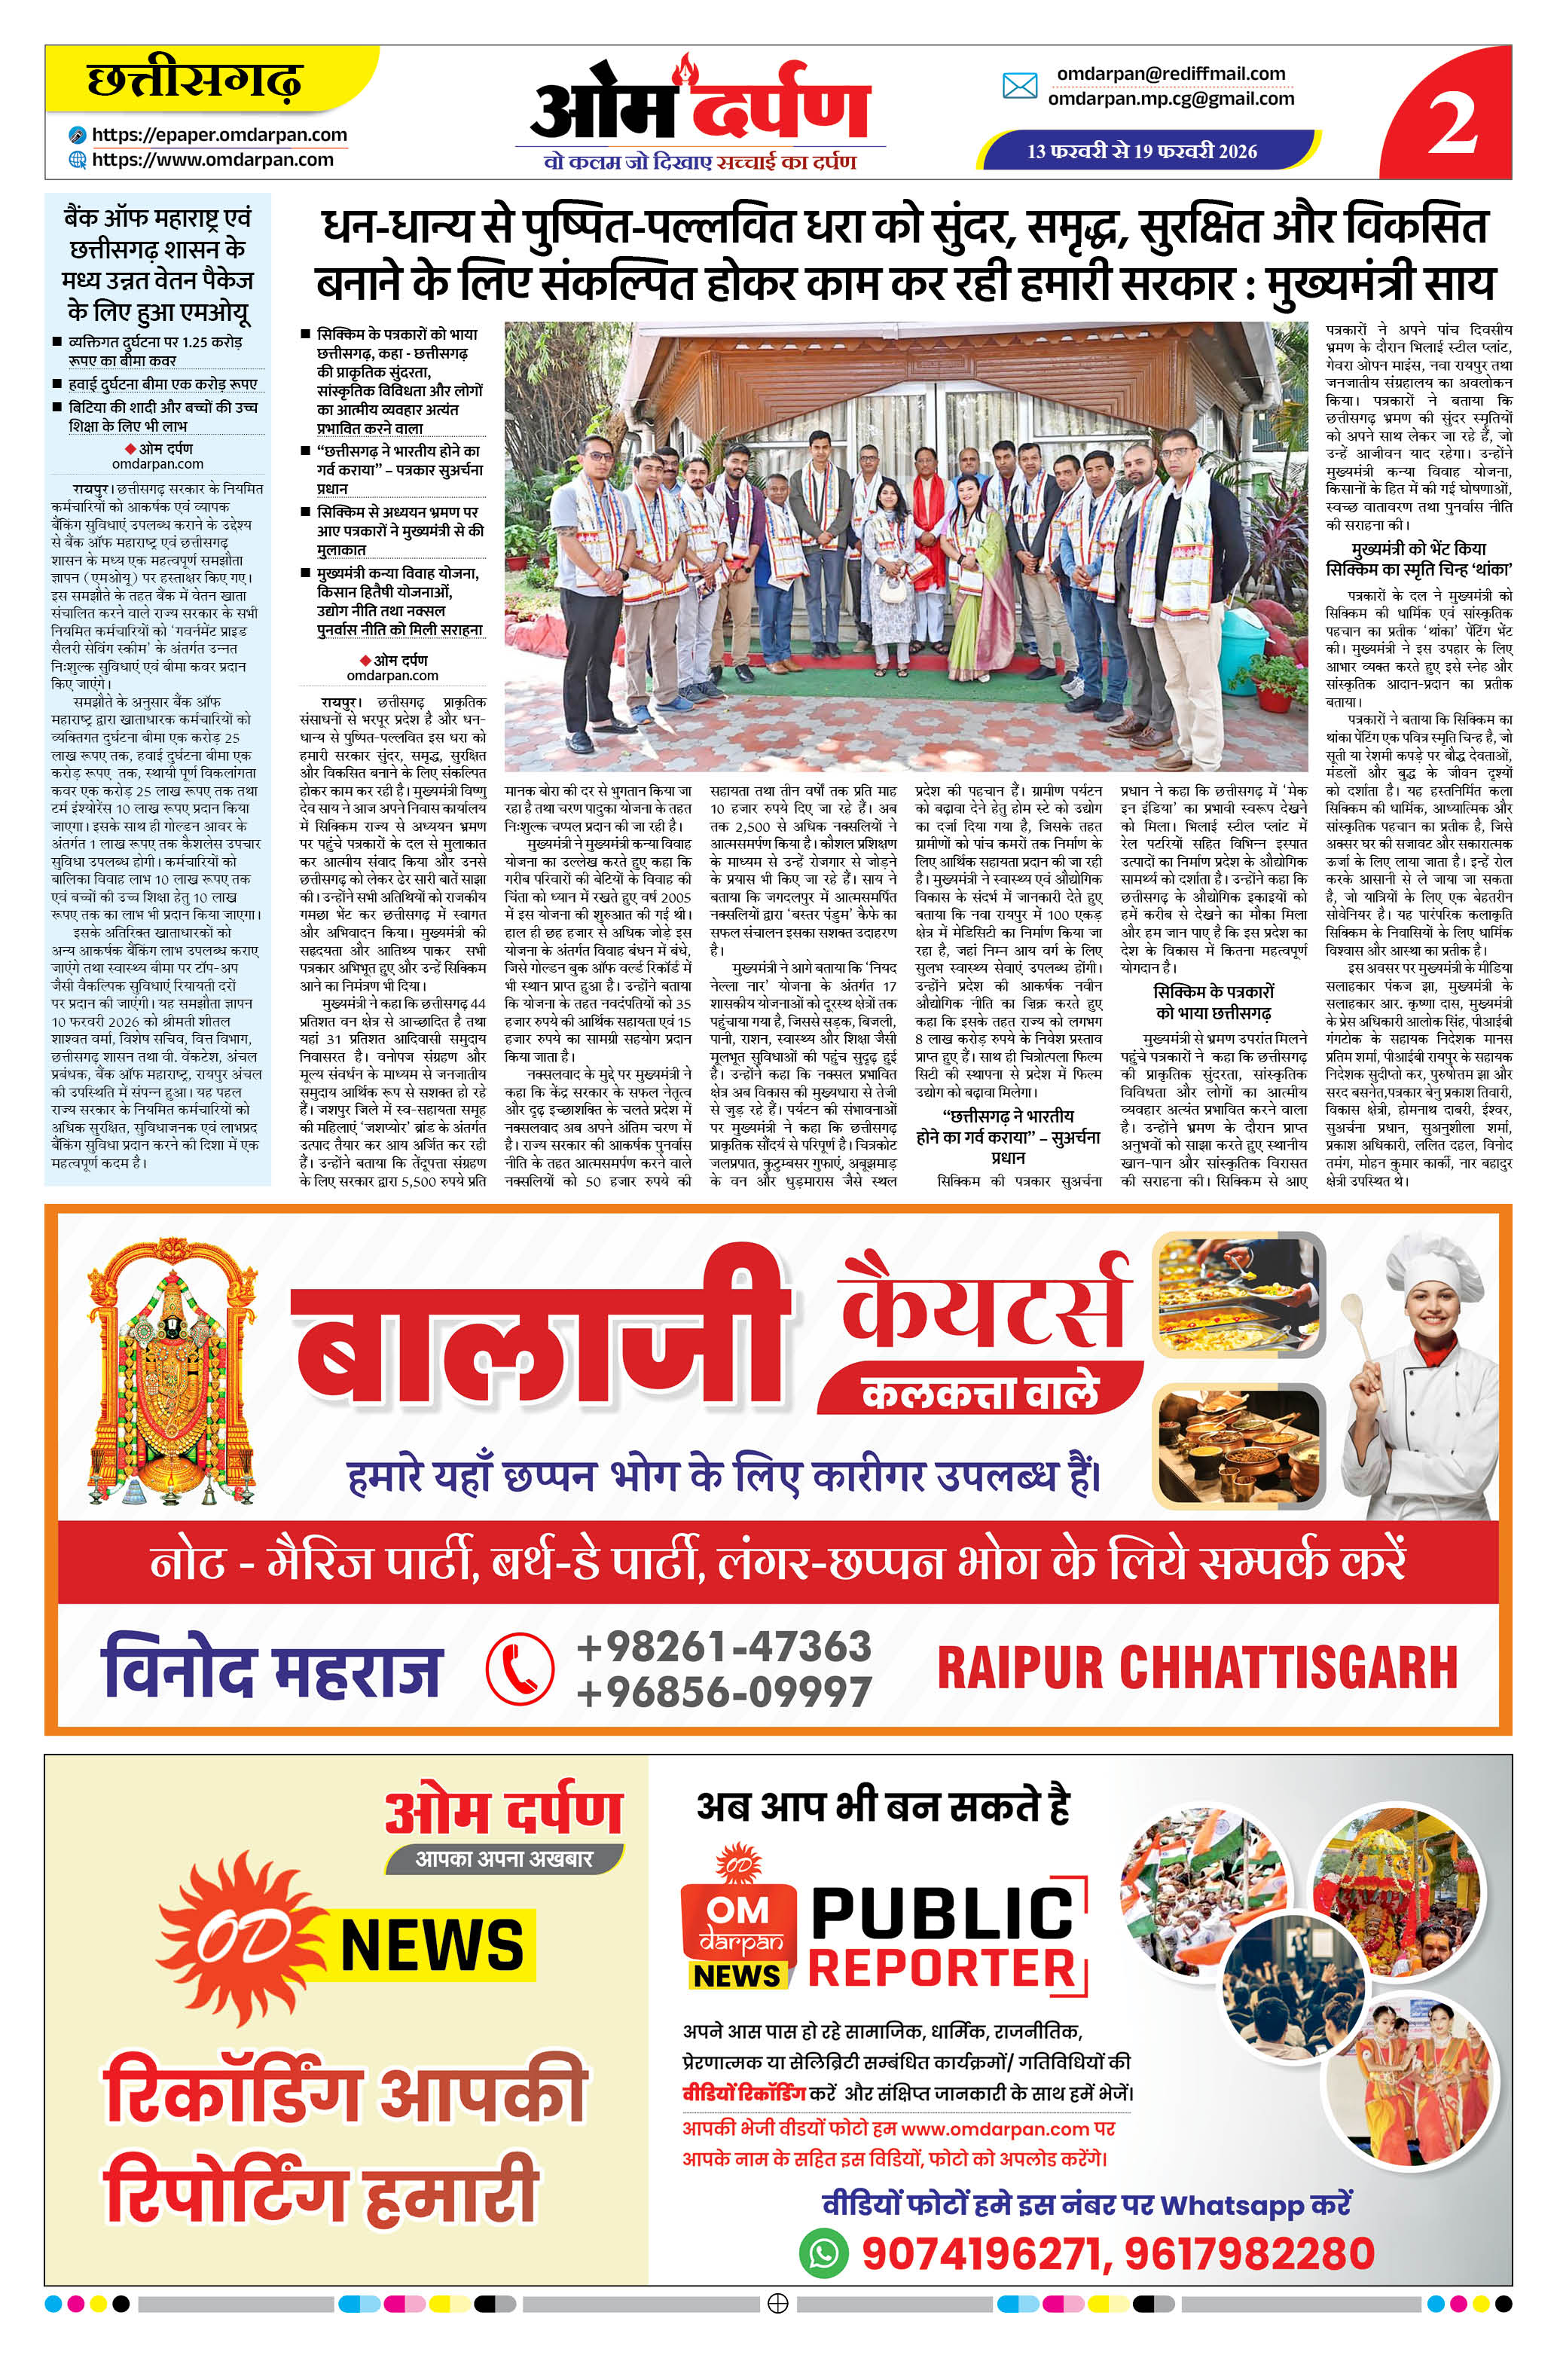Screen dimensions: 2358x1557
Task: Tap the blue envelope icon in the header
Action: (1020, 87)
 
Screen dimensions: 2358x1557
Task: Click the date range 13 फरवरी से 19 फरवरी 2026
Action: (1142, 151)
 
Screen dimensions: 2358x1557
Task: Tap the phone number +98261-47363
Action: (723, 1647)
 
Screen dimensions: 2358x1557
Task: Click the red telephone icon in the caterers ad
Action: (519, 1669)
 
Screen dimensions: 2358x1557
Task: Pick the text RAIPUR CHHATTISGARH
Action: (1196, 1668)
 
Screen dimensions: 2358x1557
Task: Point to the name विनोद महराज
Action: (270, 1671)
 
